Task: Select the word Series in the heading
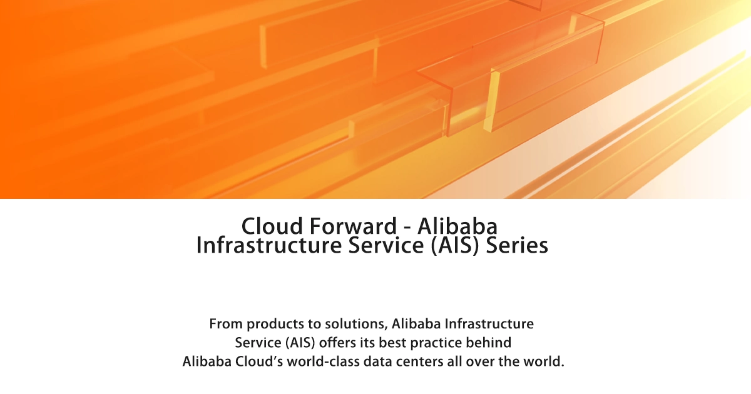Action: pyautogui.click(x=517, y=245)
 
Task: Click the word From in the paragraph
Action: pyautogui.click(x=225, y=325)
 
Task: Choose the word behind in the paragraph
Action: pyautogui.click(x=491, y=343)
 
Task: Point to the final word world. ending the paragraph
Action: pyautogui.click(x=543, y=362)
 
